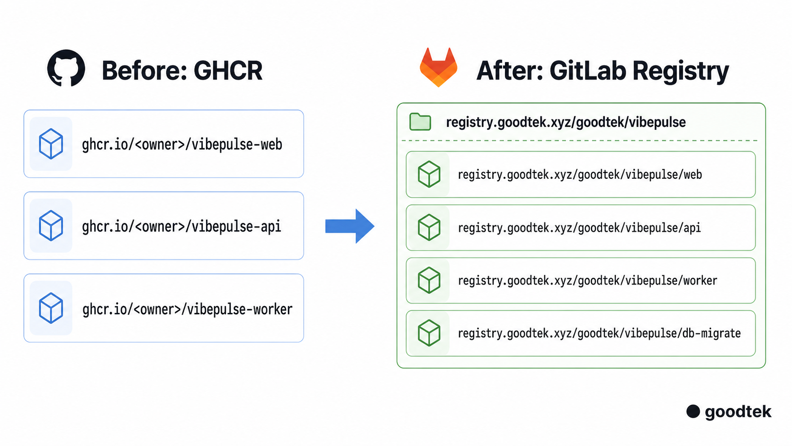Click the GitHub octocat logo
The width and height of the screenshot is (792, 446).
(66, 68)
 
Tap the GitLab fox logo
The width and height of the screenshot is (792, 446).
(439, 67)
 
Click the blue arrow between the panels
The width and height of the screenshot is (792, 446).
(350, 226)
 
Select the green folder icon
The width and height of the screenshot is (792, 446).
(420, 122)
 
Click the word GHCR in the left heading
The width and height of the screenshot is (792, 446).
(228, 71)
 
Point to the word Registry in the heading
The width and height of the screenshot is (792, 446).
(681, 72)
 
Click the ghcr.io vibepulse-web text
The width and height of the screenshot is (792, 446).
(182, 144)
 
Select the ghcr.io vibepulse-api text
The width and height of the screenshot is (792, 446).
(181, 227)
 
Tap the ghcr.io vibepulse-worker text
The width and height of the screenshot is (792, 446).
(188, 309)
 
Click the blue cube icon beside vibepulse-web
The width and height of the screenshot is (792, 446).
(51, 144)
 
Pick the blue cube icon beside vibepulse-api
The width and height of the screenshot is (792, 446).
(51, 226)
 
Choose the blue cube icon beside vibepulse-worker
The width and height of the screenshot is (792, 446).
(51, 308)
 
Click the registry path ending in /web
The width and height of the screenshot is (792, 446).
(580, 174)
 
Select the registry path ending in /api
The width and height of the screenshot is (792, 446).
(579, 228)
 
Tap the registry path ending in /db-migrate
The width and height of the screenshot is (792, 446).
(599, 333)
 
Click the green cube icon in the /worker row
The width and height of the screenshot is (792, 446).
(429, 280)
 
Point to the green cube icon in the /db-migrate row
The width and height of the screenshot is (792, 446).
(429, 333)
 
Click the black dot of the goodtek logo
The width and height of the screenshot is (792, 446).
(693, 411)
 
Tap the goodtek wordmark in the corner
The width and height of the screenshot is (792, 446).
(738, 412)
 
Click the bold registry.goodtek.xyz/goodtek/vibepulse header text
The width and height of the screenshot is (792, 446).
(566, 122)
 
